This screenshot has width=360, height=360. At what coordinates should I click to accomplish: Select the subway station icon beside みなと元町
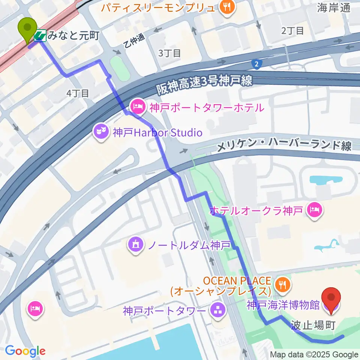pyautogui.click(x=40, y=36)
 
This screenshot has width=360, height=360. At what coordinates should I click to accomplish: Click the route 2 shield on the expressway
pyautogui.click(x=256, y=64)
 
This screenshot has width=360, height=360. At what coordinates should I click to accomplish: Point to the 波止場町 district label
pyautogui.click(x=313, y=325)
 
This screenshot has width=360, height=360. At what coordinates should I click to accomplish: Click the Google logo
pyautogui.click(x=25, y=351)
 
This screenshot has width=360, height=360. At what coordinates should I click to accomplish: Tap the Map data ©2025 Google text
pyautogui.click(x=314, y=354)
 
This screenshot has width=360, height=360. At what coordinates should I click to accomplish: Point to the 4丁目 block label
pyautogui.click(x=78, y=93)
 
